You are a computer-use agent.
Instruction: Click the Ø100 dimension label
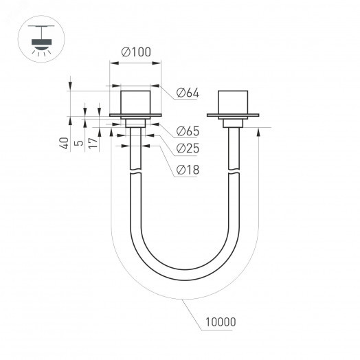tap(136, 52)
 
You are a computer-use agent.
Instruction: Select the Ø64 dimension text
tap(188, 93)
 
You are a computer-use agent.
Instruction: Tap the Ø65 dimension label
tap(188, 131)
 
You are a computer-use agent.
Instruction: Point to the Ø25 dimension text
tap(188, 148)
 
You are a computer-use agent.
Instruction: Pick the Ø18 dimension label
tap(188, 168)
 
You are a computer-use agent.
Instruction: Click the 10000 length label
tap(221, 321)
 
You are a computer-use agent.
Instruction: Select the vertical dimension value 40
tap(64, 144)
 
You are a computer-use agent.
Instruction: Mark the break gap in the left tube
tap(135, 172)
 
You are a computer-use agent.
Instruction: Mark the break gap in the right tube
tap(233, 172)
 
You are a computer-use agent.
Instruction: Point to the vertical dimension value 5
tap(78, 144)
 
